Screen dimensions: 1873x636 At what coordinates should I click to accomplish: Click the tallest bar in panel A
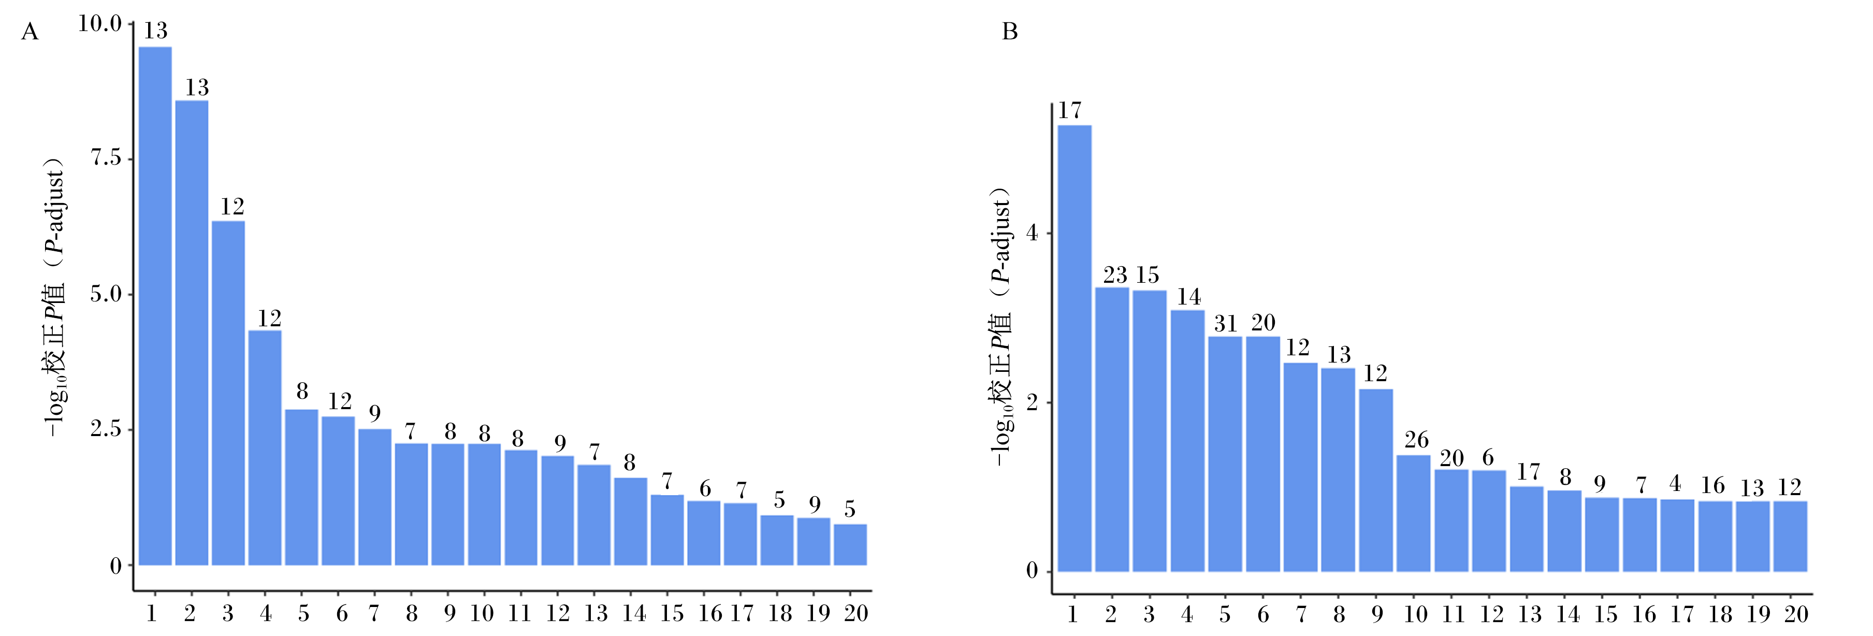(155, 306)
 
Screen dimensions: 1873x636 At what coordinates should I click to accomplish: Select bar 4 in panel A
(265, 448)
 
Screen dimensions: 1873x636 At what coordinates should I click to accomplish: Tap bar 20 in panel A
(850, 544)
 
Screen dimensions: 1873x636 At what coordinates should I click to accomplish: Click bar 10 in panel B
(1414, 513)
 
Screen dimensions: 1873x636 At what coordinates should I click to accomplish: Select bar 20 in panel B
(1790, 537)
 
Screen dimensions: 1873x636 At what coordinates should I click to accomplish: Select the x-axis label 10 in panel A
(482, 613)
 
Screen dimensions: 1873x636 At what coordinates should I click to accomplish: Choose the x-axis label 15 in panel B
(1606, 614)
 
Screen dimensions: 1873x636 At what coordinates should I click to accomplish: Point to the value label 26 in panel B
(1416, 440)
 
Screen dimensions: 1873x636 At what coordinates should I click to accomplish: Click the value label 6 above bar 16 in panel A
(705, 488)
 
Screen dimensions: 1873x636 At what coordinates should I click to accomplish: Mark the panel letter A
(30, 32)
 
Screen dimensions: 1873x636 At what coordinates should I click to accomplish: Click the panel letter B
(1010, 32)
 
